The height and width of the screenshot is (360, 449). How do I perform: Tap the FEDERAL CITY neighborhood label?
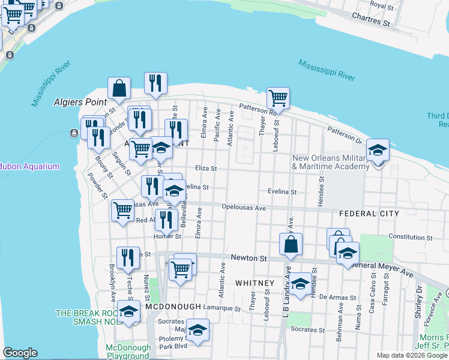point(369,214)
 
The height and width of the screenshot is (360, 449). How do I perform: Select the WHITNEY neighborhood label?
point(255,283)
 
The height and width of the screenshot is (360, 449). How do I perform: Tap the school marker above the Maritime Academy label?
point(378,151)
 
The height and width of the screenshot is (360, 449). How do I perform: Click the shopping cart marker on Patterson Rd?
point(278,98)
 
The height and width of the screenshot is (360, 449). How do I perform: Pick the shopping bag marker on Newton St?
point(291,245)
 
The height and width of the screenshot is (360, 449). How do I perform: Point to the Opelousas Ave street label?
point(243,208)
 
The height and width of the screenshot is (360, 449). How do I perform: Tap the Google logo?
point(20,353)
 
